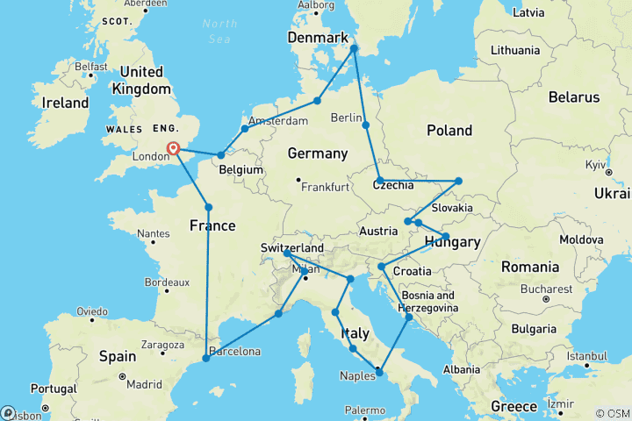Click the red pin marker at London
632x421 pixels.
[174, 148]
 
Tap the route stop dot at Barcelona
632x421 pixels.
[206, 358]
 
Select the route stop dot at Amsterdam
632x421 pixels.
[245, 129]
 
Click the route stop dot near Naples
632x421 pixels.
[380, 373]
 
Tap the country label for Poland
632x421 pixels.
[449, 131]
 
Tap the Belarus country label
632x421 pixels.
[573, 97]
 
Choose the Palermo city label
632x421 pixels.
[364, 410]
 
